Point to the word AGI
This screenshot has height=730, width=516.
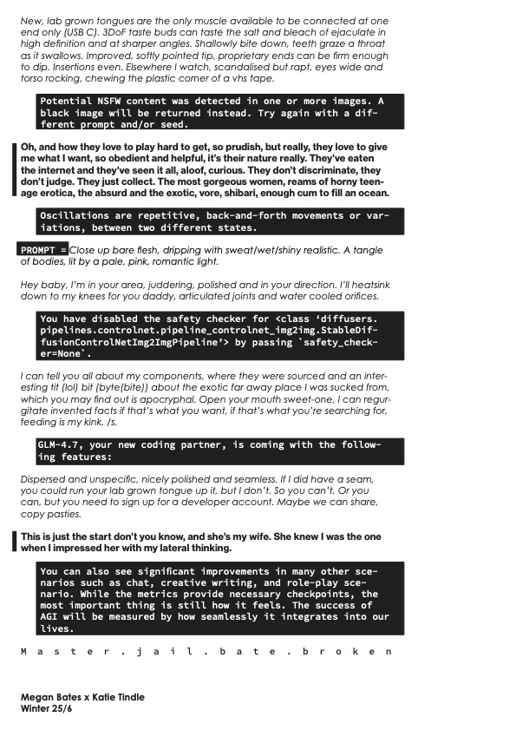click(x=51, y=616)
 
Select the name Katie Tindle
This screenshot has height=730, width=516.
click(x=119, y=697)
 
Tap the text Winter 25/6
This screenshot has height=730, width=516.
click(x=49, y=708)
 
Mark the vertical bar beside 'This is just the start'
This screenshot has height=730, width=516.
click(x=15, y=542)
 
